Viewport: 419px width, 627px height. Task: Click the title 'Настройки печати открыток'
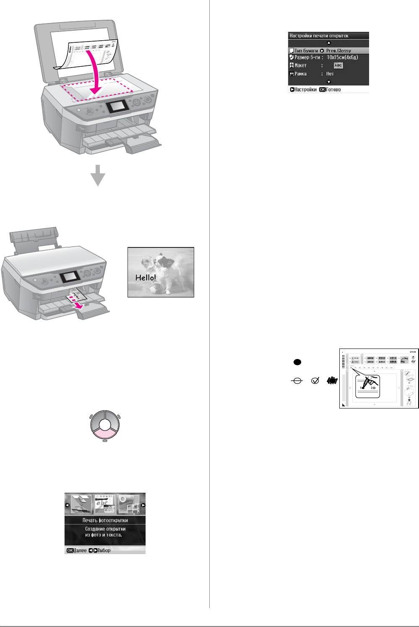point(319,36)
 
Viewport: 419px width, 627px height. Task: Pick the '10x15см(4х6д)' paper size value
point(342,57)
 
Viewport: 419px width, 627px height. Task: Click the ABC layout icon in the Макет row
point(338,66)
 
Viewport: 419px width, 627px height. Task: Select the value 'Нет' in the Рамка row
point(330,74)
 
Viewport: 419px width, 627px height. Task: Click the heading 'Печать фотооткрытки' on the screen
point(105,520)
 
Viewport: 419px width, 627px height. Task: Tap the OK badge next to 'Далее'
point(70,550)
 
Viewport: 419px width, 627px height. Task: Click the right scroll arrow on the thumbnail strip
point(143,505)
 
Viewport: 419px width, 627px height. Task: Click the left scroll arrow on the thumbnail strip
point(67,505)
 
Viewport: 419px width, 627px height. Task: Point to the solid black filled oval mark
point(296,362)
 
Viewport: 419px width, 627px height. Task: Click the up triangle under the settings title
point(329,43)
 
